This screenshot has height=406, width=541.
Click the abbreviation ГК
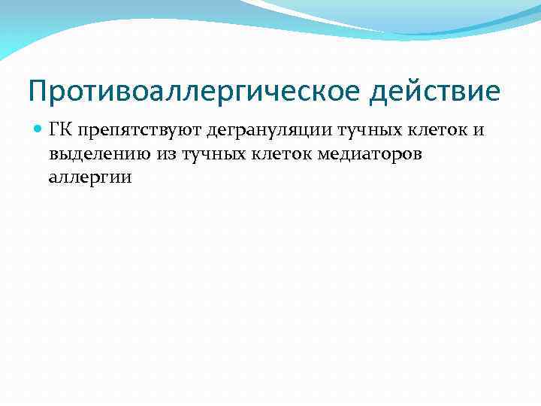(x=59, y=132)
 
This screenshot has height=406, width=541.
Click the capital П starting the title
(x=38, y=92)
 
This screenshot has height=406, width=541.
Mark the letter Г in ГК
(x=53, y=132)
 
